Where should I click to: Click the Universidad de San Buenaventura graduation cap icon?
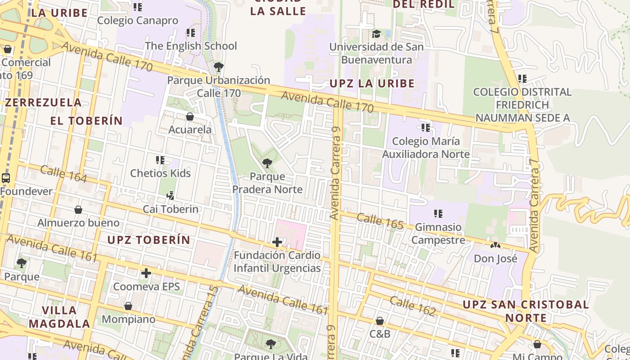[x=376, y=34]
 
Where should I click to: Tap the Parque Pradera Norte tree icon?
[x=267, y=163]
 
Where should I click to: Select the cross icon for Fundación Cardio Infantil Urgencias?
[x=277, y=242]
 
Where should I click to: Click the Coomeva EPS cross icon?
[x=146, y=273]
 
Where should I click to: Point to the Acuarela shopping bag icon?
[x=190, y=117]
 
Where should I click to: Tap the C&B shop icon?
[x=380, y=321]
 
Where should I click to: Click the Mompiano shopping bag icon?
[x=128, y=306]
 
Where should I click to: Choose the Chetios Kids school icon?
[x=160, y=160]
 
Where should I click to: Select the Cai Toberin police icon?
[x=170, y=196]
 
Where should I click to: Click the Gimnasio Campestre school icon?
[x=438, y=214]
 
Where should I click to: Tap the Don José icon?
[x=495, y=246]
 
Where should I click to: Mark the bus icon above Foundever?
[x=6, y=178]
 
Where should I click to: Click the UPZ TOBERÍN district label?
[x=149, y=240]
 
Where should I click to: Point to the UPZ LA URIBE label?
[x=372, y=83]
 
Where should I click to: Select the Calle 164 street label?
[x=63, y=174]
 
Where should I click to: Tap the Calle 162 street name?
[x=413, y=306]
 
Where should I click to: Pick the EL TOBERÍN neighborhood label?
[x=86, y=121]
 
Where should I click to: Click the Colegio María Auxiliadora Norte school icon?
[x=425, y=128]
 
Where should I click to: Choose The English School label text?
[x=191, y=46]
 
